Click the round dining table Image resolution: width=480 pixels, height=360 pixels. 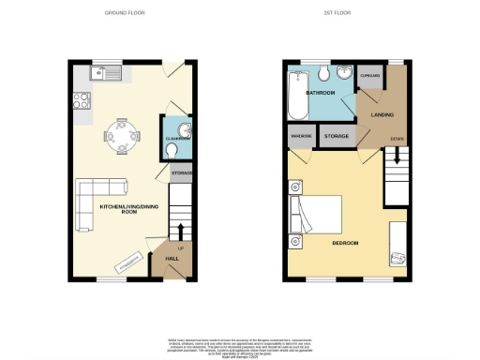pos(122,135)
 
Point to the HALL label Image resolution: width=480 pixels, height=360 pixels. pos(172,257)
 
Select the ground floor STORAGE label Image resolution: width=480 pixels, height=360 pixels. pos(181,173)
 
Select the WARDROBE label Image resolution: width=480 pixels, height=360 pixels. pos(302,137)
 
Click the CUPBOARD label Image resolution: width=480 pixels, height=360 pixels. pos(370,76)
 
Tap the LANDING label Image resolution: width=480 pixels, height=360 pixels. pos(382,115)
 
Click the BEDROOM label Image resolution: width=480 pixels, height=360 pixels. pos(345,244)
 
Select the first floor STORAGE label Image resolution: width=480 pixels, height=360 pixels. pos(337,137)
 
